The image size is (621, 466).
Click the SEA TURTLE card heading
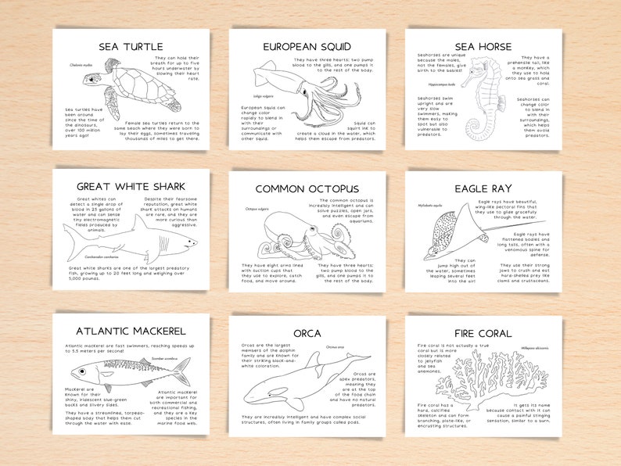point(131,46)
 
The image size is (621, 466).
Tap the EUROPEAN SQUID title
point(307,46)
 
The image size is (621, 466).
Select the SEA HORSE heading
point(483,46)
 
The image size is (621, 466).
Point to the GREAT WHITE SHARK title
point(131,187)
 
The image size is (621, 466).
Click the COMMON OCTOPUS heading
point(307,188)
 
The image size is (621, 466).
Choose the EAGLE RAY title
point(483,188)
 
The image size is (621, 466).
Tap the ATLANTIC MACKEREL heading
point(131,331)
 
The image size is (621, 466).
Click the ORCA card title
point(307,333)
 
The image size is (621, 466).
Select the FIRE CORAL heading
point(483,333)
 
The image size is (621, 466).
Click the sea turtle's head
point(95,79)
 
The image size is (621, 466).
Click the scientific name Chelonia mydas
point(81,65)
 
